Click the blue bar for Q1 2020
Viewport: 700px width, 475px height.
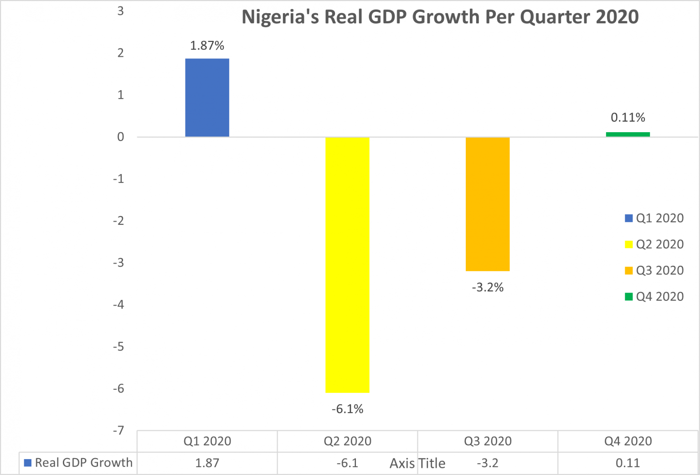pyautogui.click(x=207, y=98)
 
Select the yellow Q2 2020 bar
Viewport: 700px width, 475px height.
pyautogui.click(x=347, y=264)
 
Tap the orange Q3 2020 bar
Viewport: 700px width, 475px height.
pyautogui.click(x=487, y=204)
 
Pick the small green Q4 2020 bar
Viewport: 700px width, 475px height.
pyautogui.click(x=628, y=134)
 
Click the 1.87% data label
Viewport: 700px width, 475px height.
pyautogui.click(x=207, y=46)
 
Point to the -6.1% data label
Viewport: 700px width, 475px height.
pyautogui.click(x=347, y=409)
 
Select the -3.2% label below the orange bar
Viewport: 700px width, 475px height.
pyautogui.click(x=487, y=287)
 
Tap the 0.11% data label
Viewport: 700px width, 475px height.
pyautogui.click(x=628, y=118)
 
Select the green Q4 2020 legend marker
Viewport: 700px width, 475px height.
pyautogui.click(x=628, y=297)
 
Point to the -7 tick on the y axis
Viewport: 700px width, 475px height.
pyautogui.click(x=118, y=430)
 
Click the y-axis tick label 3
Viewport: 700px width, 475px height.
pyautogui.click(x=120, y=11)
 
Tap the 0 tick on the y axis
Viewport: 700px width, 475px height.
pyautogui.click(x=120, y=137)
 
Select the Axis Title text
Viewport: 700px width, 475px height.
pyautogui.click(x=417, y=463)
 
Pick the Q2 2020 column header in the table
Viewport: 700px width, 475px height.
pyautogui.click(x=347, y=441)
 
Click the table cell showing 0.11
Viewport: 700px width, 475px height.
pyautogui.click(x=628, y=463)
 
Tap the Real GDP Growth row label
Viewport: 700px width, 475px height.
pyautogui.click(x=83, y=463)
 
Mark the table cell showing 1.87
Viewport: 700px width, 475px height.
pyautogui.click(x=207, y=463)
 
